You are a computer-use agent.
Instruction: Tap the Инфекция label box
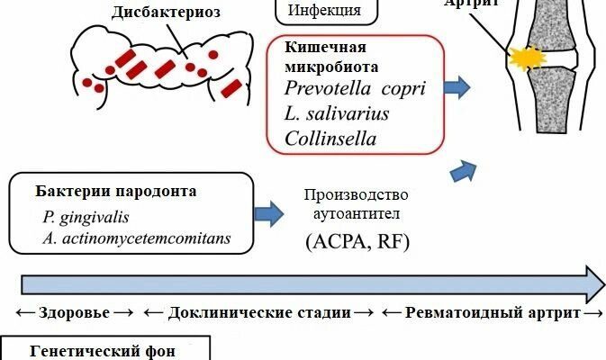tap(324, 11)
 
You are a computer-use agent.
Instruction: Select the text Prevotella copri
tap(354, 88)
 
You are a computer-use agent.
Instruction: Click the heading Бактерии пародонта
tap(116, 192)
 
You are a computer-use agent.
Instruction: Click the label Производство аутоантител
tap(357, 206)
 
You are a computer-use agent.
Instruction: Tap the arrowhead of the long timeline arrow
tap(594, 283)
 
